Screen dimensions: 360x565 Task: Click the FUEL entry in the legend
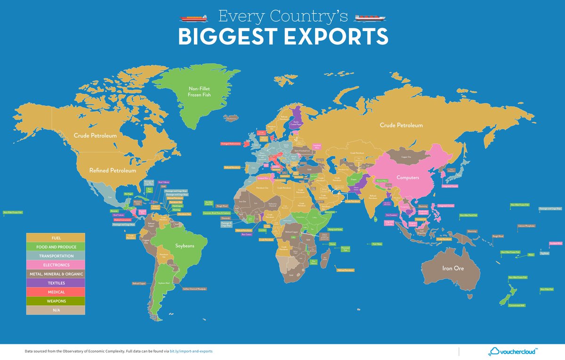56,237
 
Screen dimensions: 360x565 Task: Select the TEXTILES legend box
56,283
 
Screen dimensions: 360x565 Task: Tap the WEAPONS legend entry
56,301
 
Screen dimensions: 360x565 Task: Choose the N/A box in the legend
56,310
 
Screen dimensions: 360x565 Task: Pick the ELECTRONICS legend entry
56,265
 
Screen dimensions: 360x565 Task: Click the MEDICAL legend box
56,292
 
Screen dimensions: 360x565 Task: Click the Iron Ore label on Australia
452,268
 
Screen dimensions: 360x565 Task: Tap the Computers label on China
408,178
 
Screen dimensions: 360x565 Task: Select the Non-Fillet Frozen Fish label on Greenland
199,91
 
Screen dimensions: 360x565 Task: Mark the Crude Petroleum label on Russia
401,125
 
